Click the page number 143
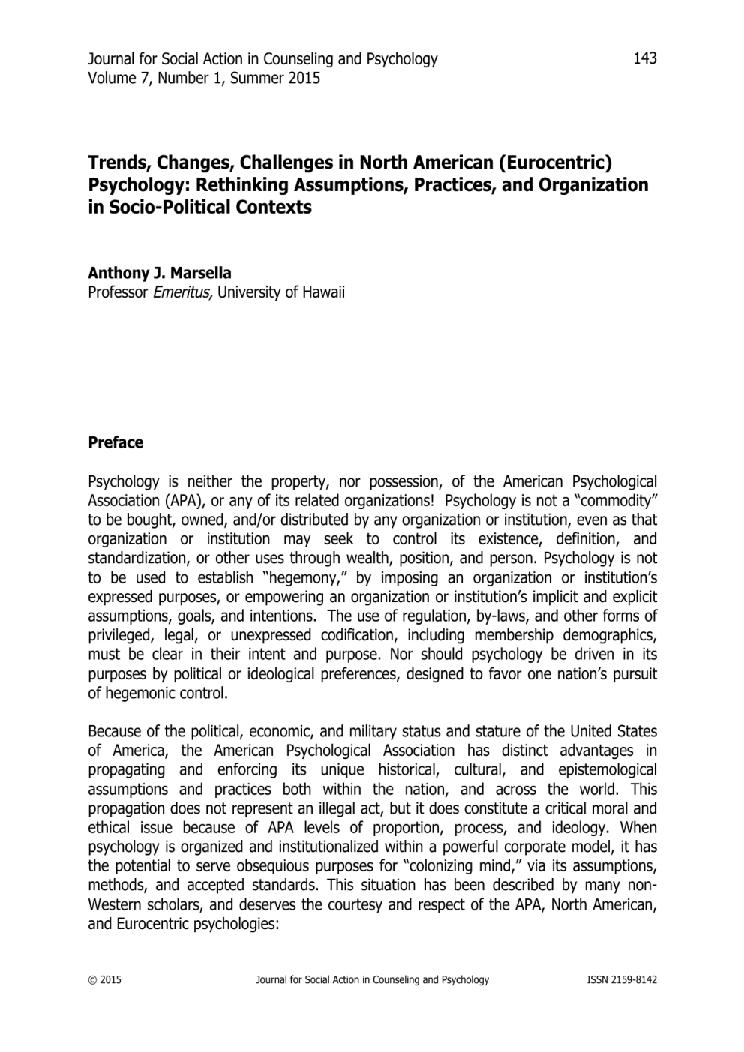(645, 58)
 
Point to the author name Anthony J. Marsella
(160, 273)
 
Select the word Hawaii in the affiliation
(324, 292)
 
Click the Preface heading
(115, 442)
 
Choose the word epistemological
(607, 770)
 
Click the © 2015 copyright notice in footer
(104, 979)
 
